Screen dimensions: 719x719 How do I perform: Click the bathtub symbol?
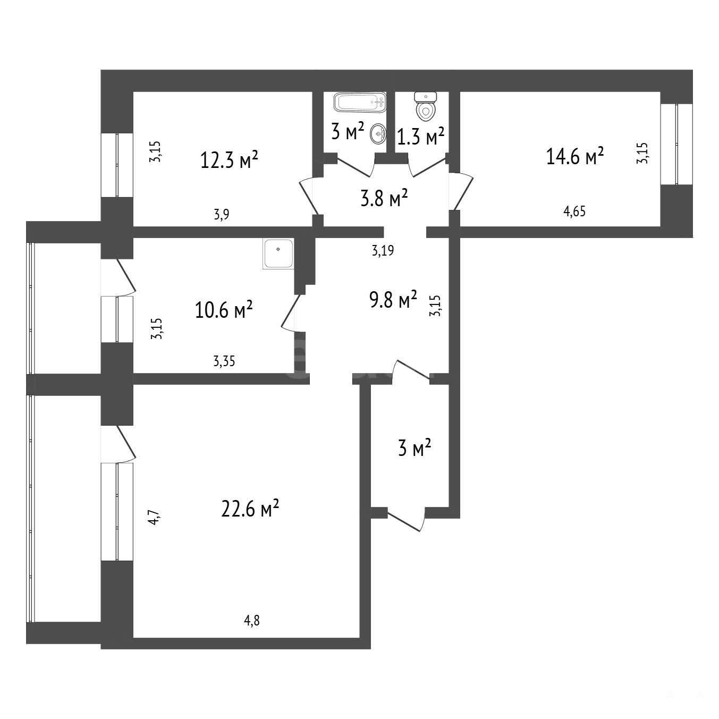(x=360, y=102)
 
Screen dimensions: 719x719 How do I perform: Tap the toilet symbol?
(x=425, y=106)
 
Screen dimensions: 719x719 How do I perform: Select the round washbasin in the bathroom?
(x=378, y=133)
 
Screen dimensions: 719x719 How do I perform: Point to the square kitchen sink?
(x=278, y=253)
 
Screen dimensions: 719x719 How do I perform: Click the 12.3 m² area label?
(x=229, y=160)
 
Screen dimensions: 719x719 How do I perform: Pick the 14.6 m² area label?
(x=575, y=156)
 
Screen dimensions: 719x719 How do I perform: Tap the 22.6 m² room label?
(x=250, y=508)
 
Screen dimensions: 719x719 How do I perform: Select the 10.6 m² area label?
(x=224, y=309)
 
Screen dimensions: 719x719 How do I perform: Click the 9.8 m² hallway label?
(x=393, y=299)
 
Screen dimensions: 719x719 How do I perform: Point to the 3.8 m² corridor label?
(x=384, y=198)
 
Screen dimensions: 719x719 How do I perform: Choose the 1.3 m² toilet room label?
(x=420, y=136)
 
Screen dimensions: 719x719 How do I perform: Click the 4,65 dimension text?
(x=574, y=212)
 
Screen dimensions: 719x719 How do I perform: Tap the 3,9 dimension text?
(x=221, y=215)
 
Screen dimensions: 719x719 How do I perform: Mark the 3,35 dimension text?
(x=224, y=361)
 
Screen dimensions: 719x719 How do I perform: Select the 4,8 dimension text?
(x=251, y=621)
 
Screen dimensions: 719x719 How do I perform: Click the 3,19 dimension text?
(x=383, y=250)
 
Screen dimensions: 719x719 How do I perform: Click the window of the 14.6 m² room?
(x=676, y=144)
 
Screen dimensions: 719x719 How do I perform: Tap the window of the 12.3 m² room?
(x=117, y=165)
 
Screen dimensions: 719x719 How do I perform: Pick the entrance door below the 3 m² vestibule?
(x=407, y=519)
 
